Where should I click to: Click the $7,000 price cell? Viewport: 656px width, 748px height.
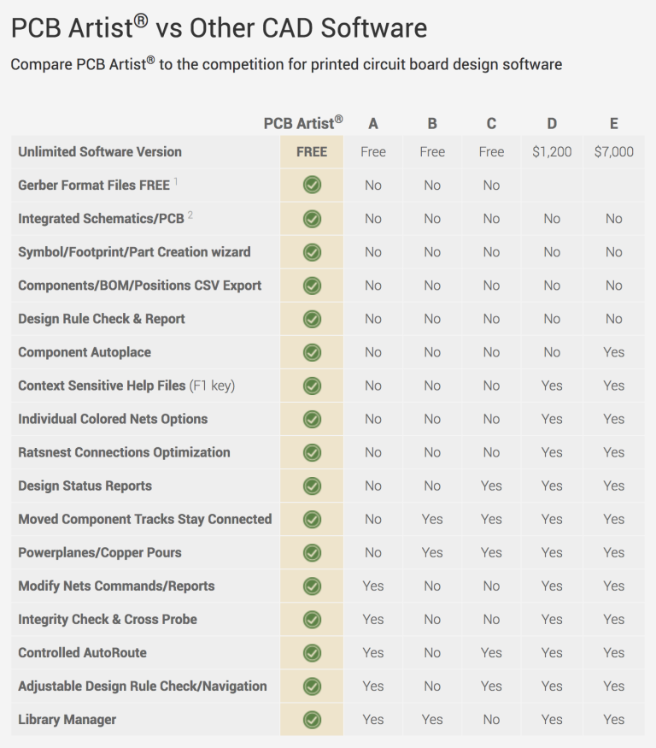coord(613,152)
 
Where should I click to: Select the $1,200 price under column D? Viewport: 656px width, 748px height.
coord(552,152)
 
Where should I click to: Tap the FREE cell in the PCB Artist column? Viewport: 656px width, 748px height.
coord(312,152)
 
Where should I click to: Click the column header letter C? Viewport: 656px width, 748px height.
coord(491,124)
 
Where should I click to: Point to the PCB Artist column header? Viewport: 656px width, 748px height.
coord(302,124)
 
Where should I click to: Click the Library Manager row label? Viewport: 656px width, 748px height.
coord(67,720)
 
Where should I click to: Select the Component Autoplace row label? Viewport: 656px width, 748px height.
coord(84,352)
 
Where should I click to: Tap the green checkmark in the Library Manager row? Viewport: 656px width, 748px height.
coord(312,720)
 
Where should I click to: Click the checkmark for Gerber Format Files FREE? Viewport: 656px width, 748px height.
coord(312,186)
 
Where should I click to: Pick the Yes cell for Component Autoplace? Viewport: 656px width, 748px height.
coord(613,352)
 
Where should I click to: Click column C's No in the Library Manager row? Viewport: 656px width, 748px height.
coord(491,720)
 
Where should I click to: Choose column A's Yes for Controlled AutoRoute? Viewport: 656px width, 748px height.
coord(373,653)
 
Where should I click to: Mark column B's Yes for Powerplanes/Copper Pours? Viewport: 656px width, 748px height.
coord(432,553)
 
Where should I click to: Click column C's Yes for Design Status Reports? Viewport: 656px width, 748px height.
coord(491,486)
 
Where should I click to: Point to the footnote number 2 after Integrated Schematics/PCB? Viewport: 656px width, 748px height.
coord(190,215)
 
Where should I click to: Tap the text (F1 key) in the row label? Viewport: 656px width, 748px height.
coord(212,386)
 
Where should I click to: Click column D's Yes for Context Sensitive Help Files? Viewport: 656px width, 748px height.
coord(552,386)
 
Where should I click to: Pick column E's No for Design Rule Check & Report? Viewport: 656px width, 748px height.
coord(613,319)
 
